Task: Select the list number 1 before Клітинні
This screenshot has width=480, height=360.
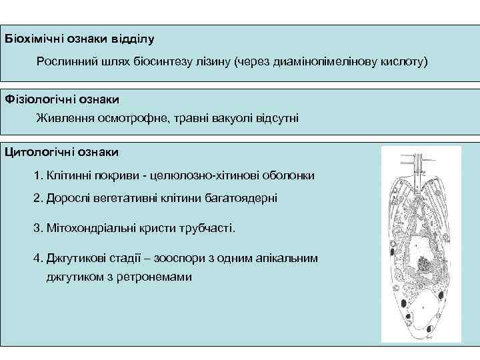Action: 37,175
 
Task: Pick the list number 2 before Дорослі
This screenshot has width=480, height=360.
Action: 37,198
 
